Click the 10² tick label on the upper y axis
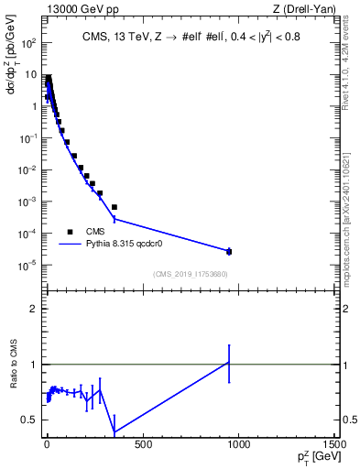[x=28, y=43]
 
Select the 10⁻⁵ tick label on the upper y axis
[x=28, y=266]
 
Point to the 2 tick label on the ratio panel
[x=33, y=309]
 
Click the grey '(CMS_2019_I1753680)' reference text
[x=190, y=274]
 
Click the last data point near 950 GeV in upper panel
[x=229, y=251]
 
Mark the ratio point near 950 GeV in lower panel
[x=229, y=363]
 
